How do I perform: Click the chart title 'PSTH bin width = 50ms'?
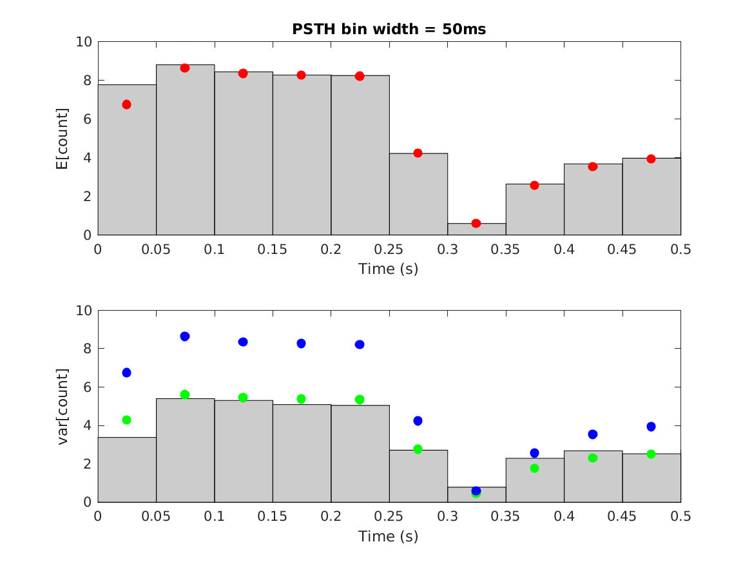(x=389, y=29)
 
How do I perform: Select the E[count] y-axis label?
(x=62, y=139)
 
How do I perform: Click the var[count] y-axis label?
(x=62, y=406)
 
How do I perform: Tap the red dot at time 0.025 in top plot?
(x=126, y=104)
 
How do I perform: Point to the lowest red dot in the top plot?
(x=476, y=223)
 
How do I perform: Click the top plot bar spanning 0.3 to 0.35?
(x=476, y=229)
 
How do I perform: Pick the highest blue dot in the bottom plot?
(x=185, y=336)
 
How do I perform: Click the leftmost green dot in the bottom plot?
(x=126, y=420)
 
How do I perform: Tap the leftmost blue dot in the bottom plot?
(x=126, y=373)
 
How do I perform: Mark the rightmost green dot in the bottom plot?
(x=651, y=454)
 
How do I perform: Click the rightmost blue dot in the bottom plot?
(x=651, y=427)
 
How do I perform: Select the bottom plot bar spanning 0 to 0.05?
(x=126, y=469)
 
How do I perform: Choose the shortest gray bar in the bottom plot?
(x=476, y=495)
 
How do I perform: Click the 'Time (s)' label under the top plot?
(x=389, y=269)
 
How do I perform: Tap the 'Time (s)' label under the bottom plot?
(x=389, y=536)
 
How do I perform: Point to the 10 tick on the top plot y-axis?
(x=84, y=42)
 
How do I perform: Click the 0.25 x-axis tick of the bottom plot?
(x=389, y=516)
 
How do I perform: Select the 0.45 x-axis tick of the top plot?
(x=622, y=249)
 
